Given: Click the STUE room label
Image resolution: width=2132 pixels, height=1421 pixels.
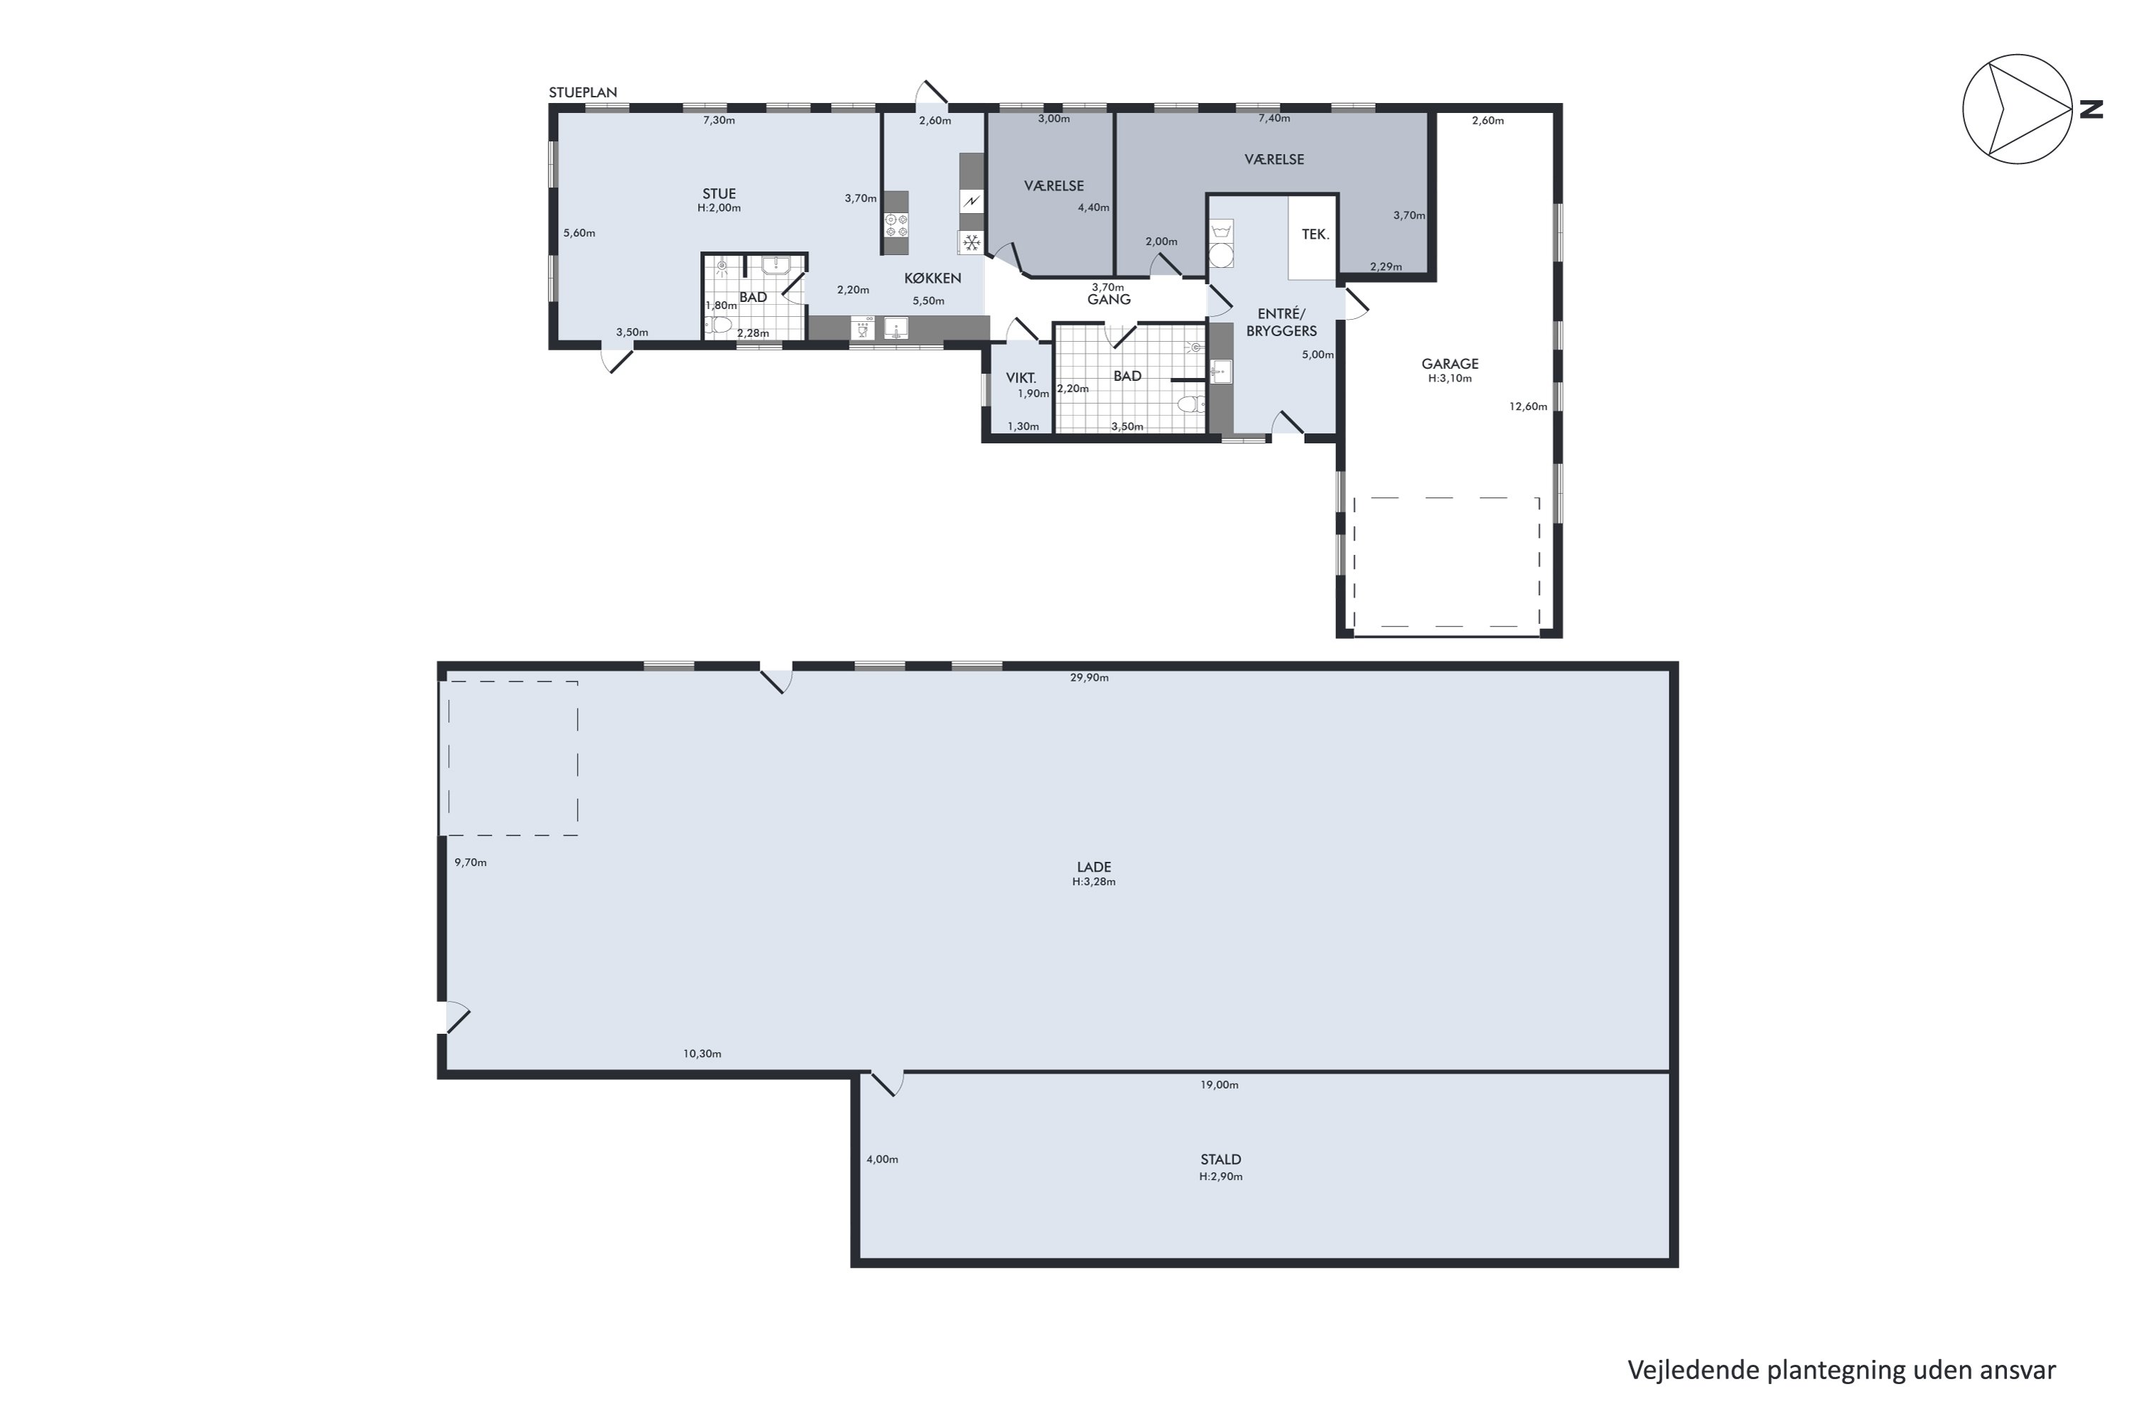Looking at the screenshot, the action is (x=718, y=193).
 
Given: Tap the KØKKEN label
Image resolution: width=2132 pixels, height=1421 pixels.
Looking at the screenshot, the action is (x=932, y=279).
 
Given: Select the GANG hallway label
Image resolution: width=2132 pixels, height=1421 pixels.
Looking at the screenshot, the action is (x=1109, y=299).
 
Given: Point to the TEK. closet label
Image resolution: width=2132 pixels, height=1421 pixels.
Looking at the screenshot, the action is (x=1315, y=234).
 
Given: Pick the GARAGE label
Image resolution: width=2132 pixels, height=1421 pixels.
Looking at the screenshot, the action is (x=1450, y=363).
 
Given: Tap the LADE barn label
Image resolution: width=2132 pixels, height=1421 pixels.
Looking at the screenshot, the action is (x=1094, y=866).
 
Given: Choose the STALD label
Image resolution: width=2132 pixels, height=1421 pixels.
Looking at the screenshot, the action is (x=1220, y=1159).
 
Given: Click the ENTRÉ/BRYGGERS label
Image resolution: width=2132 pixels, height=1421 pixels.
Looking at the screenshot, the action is (x=1281, y=323).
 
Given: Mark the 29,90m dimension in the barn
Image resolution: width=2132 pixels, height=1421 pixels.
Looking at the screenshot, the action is (x=1089, y=677).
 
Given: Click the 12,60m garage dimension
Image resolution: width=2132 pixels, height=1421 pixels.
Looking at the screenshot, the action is (x=1529, y=406).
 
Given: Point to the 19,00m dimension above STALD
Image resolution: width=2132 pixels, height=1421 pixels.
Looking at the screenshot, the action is (x=1220, y=1084).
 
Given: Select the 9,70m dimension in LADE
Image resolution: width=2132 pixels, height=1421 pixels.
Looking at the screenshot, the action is (x=470, y=862).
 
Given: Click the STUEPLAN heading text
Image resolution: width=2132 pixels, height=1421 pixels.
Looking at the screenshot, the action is (x=583, y=92).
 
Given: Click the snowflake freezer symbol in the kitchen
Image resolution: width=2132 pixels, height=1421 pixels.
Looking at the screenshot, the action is (x=971, y=242).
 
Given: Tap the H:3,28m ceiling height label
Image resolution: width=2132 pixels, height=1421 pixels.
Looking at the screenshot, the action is (x=1094, y=882).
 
